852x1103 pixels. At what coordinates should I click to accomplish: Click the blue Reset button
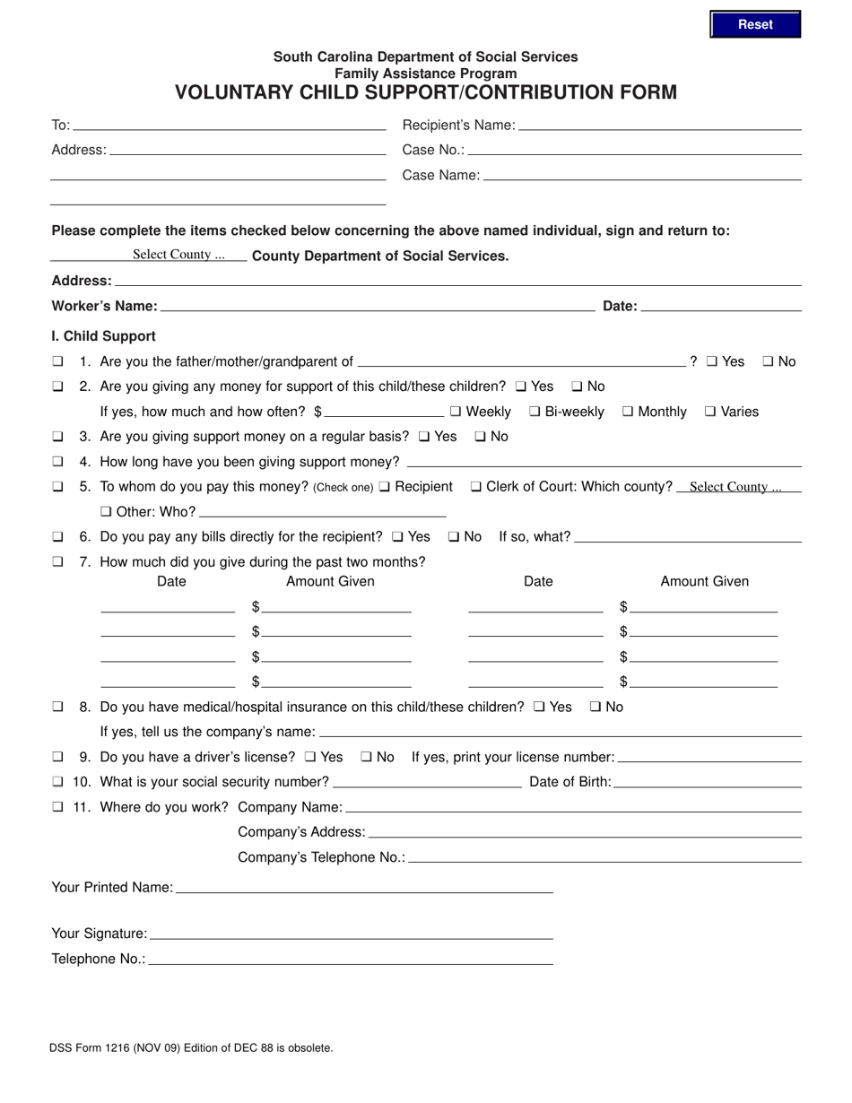[755, 25]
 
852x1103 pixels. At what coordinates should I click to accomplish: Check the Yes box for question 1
[711, 361]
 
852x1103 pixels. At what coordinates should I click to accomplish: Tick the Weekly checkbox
[456, 412]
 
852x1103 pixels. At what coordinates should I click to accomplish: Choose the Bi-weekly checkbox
[535, 412]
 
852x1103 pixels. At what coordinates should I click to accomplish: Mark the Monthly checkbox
[628, 412]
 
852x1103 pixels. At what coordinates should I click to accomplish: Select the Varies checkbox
[710, 412]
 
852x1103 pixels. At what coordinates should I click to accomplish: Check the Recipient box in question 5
[385, 487]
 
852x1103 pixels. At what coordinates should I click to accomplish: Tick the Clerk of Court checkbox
[476, 487]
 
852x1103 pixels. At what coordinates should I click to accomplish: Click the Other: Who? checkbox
[106, 512]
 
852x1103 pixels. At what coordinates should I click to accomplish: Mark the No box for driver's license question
[366, 757]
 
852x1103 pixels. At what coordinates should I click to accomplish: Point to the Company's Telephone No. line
[604, 856]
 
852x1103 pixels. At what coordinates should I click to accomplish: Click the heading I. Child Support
[104, 336]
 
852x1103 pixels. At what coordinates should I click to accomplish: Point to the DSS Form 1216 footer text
[192, 1047]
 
